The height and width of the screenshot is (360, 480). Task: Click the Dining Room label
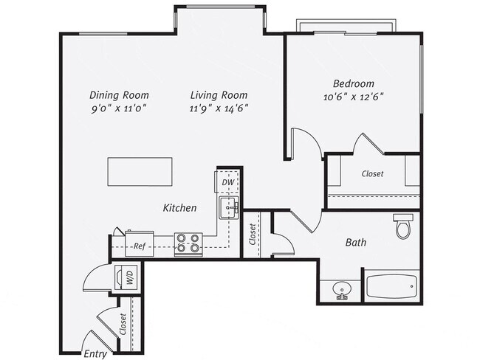[x=119, y=95]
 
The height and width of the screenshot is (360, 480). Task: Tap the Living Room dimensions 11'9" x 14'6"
[x=219, y=108]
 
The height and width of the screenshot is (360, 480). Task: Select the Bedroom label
[x=353, y=83]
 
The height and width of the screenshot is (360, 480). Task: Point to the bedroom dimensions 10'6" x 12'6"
[x=353, y=96]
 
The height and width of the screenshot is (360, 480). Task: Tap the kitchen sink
[x=228, y=208]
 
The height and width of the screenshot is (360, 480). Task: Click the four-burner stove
[x=188, y=243]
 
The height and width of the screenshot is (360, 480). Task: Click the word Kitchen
[x=179, y=208]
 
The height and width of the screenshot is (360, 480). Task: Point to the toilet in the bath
[x=402, y=226]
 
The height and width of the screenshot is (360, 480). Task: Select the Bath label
[x=356, y=242]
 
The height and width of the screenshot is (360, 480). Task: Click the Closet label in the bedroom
[x=372, y=175]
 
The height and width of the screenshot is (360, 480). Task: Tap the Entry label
[x=95, y=353]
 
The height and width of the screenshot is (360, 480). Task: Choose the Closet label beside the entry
[x=122, y=324]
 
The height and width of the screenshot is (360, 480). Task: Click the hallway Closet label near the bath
[x=253, y=234]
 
